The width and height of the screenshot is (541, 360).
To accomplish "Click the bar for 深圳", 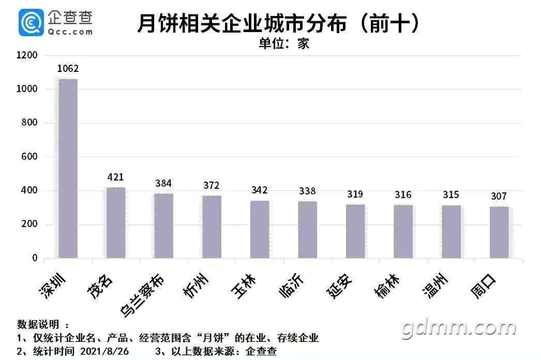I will (68, 168).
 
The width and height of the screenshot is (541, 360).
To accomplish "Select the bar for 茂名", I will (115, 222).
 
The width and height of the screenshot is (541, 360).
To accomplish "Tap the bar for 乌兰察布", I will (163, 226).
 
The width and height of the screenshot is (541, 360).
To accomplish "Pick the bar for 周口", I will (499, 232).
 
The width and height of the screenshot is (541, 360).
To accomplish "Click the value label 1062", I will (68, 69).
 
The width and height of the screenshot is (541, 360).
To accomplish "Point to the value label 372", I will (211, 185).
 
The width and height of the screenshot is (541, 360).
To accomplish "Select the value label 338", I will (307, 191).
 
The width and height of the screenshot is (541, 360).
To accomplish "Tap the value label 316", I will (403, 194).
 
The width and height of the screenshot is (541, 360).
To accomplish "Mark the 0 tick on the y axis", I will (35, 258).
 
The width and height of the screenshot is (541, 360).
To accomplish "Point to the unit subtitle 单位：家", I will (283, 43).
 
